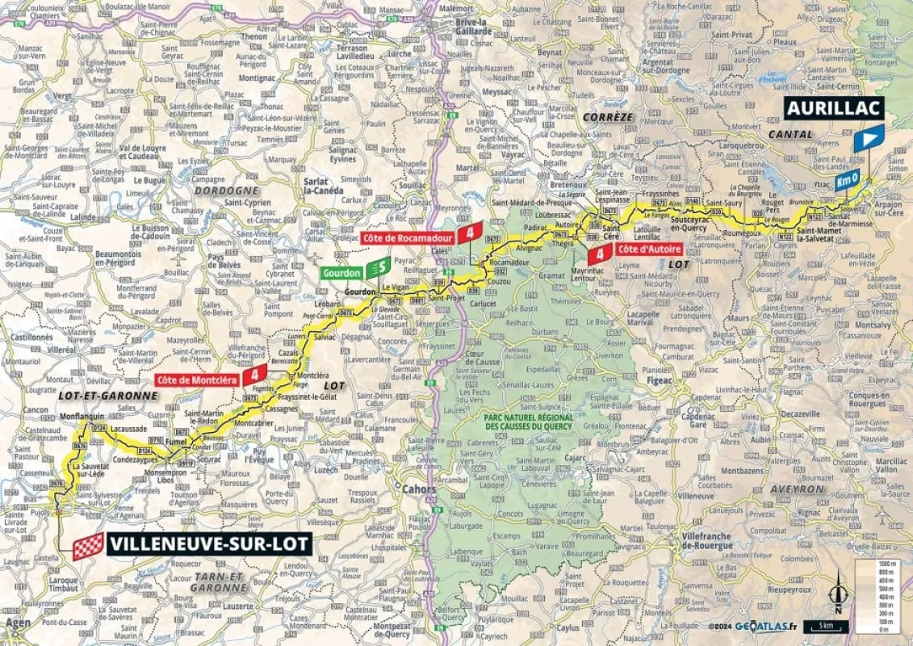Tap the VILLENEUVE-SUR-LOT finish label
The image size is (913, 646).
point(209,543)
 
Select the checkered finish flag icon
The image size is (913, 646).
point(89,545)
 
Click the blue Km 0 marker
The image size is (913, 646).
point(846,180)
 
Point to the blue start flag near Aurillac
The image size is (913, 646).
point(868,140)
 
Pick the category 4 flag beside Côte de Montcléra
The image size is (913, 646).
point(256,373)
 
